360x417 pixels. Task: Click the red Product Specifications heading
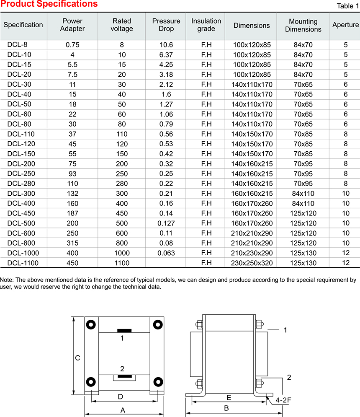click(x=49, y=4)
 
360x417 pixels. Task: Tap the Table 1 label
click(x=347, y=6)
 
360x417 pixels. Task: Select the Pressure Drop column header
click(x=166, y=25)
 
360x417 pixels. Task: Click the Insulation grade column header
click(x=206, y=25)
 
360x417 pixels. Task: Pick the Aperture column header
click(x=345, y=25)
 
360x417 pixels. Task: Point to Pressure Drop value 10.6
click(x=166, y=44)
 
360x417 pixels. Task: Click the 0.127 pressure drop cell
click(x=166, y=223)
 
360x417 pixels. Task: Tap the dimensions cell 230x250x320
click(x=252, y=263)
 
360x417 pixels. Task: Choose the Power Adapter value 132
click(x=72, y=194)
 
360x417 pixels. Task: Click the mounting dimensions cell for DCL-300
click(x=303, y=194)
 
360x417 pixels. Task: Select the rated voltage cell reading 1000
click(x=122, y=253)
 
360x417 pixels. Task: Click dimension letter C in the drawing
click(x=77, y=358)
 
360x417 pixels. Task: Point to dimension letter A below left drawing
click(x=123, y=411)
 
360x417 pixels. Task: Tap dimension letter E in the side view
click(x=229, y=397)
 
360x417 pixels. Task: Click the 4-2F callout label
click(x=283, y=400)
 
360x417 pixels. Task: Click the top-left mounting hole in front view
click(x=91, y=325)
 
